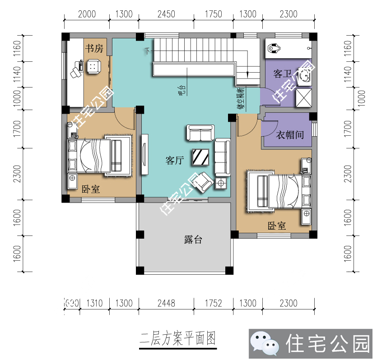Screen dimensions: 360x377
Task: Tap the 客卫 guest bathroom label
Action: tap(282, 74)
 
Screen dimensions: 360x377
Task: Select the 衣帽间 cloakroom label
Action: tap(289, 134)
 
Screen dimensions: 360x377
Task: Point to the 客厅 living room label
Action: tap(174, 160)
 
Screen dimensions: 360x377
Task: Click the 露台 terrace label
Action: tap(193, 240)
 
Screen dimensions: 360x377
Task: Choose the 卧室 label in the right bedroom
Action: tap(276, 226)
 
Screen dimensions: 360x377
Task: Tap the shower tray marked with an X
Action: tap(303, 97)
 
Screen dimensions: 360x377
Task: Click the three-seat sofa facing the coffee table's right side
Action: tap(222, 157)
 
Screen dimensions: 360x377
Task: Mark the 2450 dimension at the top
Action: tap(166, 14)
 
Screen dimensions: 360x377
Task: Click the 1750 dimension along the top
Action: tap(213, 14)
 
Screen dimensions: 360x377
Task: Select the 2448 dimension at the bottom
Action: tap(166, 303)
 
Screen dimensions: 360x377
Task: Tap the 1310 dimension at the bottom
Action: tap(94, 303)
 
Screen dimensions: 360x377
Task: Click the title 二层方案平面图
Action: tap(179, 338)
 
